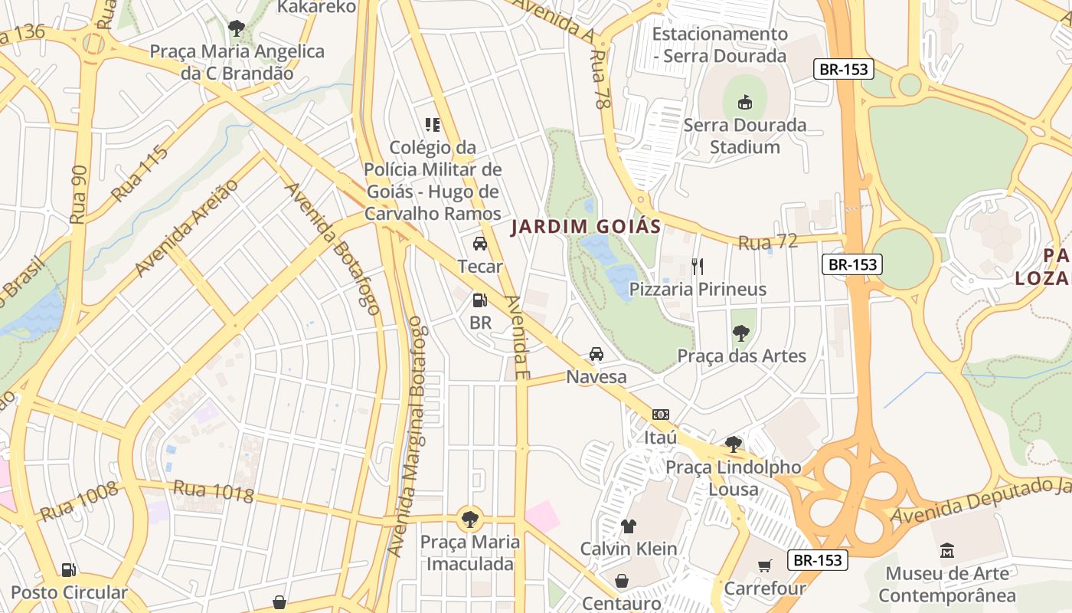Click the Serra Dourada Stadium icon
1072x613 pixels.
744,102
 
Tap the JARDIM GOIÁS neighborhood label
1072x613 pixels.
586,227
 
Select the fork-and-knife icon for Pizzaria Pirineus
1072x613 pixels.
697,267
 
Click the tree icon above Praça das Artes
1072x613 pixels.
740,333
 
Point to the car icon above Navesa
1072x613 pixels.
596,354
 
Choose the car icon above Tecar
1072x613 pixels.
480,244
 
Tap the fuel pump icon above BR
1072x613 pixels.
480,300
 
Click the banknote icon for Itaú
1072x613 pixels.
660,415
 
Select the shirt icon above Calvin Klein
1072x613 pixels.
629,526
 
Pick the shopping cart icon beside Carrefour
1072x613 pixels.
764,566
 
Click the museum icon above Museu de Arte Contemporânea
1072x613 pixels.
947,550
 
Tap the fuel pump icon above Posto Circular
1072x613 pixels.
69,570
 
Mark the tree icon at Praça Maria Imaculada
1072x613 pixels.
469,520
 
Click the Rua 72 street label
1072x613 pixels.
767,242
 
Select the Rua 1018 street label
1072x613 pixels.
213,491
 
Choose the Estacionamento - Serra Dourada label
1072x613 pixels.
719,44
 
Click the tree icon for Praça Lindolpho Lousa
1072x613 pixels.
734,444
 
